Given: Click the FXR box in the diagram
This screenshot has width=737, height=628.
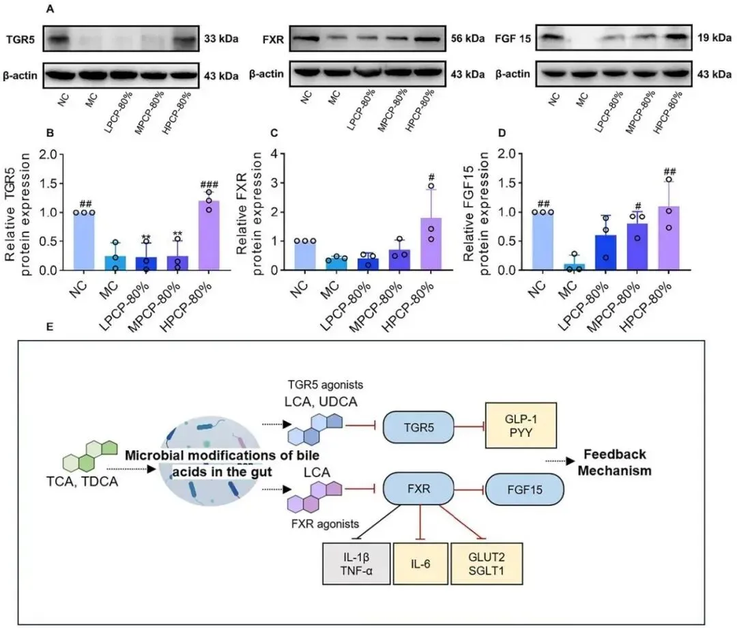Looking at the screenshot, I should click(x=416, y=488).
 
